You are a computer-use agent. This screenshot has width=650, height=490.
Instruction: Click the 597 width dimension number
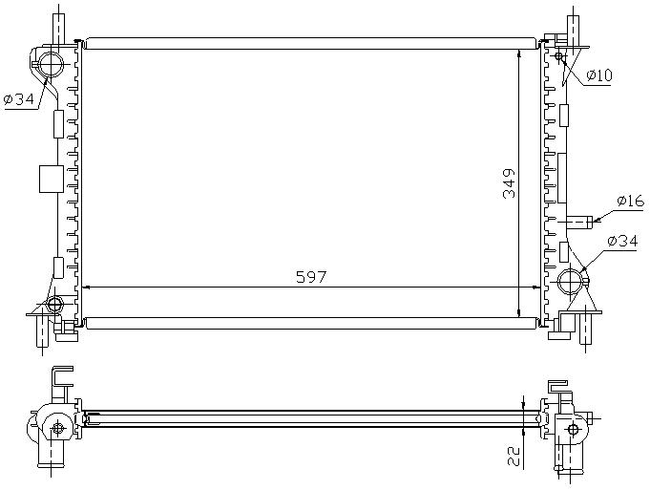[x=311, y=277]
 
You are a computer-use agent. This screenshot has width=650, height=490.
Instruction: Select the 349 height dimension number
[x=509, y=183]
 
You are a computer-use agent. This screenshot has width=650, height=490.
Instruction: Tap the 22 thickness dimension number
[x=514, y=457]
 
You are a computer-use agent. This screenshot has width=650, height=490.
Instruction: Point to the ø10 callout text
[x=599, y=75]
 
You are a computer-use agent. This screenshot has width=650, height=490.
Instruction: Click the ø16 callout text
[x=631, y=202]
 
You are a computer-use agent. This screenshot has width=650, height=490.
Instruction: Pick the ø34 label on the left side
[x=19, y=99]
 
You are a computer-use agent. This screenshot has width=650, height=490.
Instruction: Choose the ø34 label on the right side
[x=622, y=241]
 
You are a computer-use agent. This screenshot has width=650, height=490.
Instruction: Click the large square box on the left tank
[x=52, y=179]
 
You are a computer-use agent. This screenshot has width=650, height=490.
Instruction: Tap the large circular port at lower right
[x=571, y=282]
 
